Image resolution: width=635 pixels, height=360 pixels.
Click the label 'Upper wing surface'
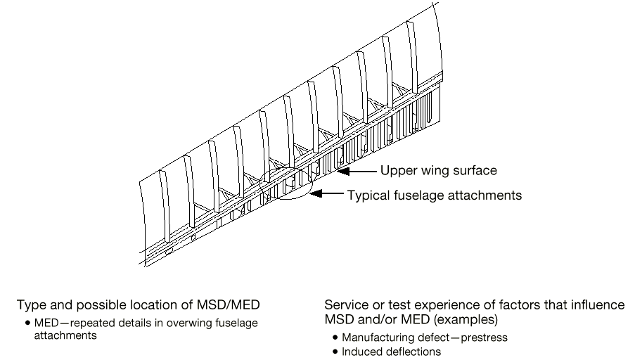tap(438, 170)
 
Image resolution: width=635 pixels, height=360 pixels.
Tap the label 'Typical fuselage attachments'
tap(435, 195)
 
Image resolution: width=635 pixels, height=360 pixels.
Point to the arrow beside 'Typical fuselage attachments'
tap(327, 194)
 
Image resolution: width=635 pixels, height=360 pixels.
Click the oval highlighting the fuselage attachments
tap(285, 185)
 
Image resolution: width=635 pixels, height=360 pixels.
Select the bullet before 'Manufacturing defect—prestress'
tap(335, 337)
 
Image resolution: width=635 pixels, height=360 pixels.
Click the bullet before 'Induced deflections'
tap(335, 351)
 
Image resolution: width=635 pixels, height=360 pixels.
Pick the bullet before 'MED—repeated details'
tap(27, 323)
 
